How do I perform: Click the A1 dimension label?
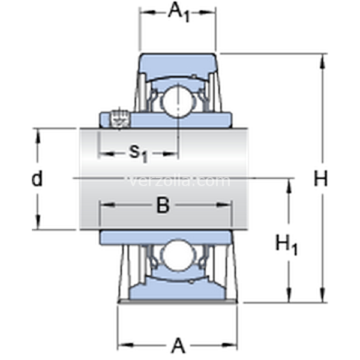pos(179,13)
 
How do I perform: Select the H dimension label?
pos(320,179)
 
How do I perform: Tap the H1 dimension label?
pos(286,244)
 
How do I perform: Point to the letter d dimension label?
pos(37,178)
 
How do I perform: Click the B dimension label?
pos(163,205)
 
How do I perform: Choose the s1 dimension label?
pos(138,153)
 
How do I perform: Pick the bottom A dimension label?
pos(178,346)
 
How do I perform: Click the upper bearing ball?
pos(178,101)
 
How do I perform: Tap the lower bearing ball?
pos(178,256)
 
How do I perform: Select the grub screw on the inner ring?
pos(120,119)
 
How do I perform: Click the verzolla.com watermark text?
pos(179,181)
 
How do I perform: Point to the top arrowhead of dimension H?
pos(323,61)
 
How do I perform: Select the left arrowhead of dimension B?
pos(107,205)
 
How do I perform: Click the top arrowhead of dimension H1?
pos(289,186)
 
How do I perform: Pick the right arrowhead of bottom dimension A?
pos(229,345)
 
